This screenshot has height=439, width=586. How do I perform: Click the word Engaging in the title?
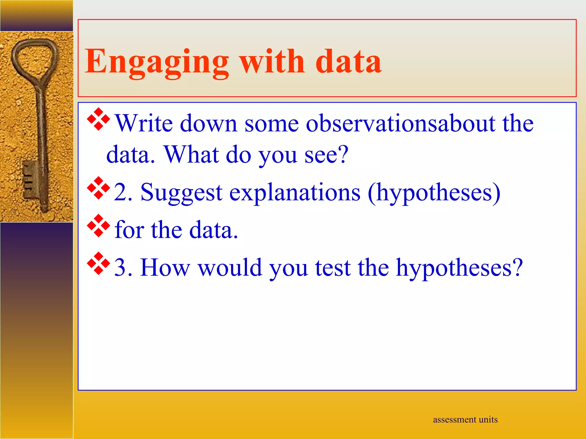156,61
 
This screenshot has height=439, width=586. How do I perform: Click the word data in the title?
348,61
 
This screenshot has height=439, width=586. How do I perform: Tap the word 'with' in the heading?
272,61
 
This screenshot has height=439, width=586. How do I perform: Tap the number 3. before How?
123,268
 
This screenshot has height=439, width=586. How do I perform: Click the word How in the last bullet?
165,268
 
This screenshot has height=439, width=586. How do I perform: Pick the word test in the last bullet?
333,268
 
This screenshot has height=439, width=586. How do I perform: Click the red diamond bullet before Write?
98,119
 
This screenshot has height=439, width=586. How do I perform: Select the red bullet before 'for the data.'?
98,226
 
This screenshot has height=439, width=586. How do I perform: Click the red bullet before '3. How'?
98,264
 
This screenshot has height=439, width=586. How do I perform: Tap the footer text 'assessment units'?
465,420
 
